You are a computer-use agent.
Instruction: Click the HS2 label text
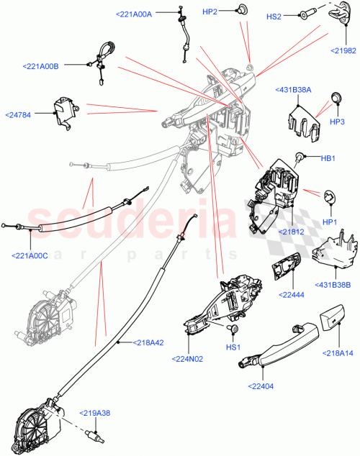[x=274, y=15]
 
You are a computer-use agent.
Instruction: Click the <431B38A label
[x=292, y=90]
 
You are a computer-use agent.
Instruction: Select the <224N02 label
[x=188, y=358]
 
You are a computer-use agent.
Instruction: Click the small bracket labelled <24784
[x=64, y=112]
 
